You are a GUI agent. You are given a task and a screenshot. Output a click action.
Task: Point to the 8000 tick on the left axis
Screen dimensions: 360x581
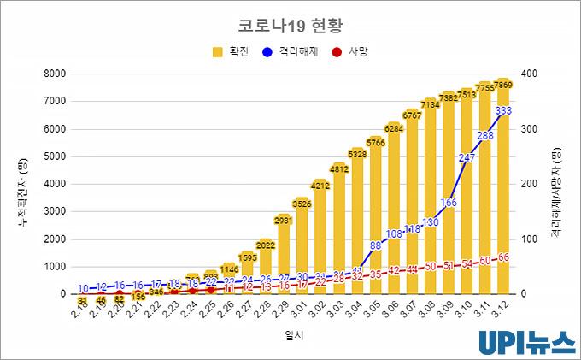(x=53, y=74)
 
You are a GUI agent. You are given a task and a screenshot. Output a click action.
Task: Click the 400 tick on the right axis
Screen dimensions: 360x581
(x=530, y=74)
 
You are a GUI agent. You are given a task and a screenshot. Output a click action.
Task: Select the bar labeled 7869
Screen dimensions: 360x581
(x=503, y=188)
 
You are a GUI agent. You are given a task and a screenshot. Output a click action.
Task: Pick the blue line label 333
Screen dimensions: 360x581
(x=503, y=111)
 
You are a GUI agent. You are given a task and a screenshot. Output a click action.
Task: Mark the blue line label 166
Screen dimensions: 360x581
(x=449, y=203)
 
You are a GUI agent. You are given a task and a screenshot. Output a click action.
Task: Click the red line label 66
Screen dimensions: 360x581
(x=503, y=257)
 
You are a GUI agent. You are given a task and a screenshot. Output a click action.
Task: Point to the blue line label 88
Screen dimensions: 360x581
(x=375, y=245)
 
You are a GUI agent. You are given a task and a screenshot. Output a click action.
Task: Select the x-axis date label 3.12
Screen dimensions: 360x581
(x=501, y=310)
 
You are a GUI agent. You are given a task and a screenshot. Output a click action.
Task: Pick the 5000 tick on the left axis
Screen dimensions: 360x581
(x=53, y=156)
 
